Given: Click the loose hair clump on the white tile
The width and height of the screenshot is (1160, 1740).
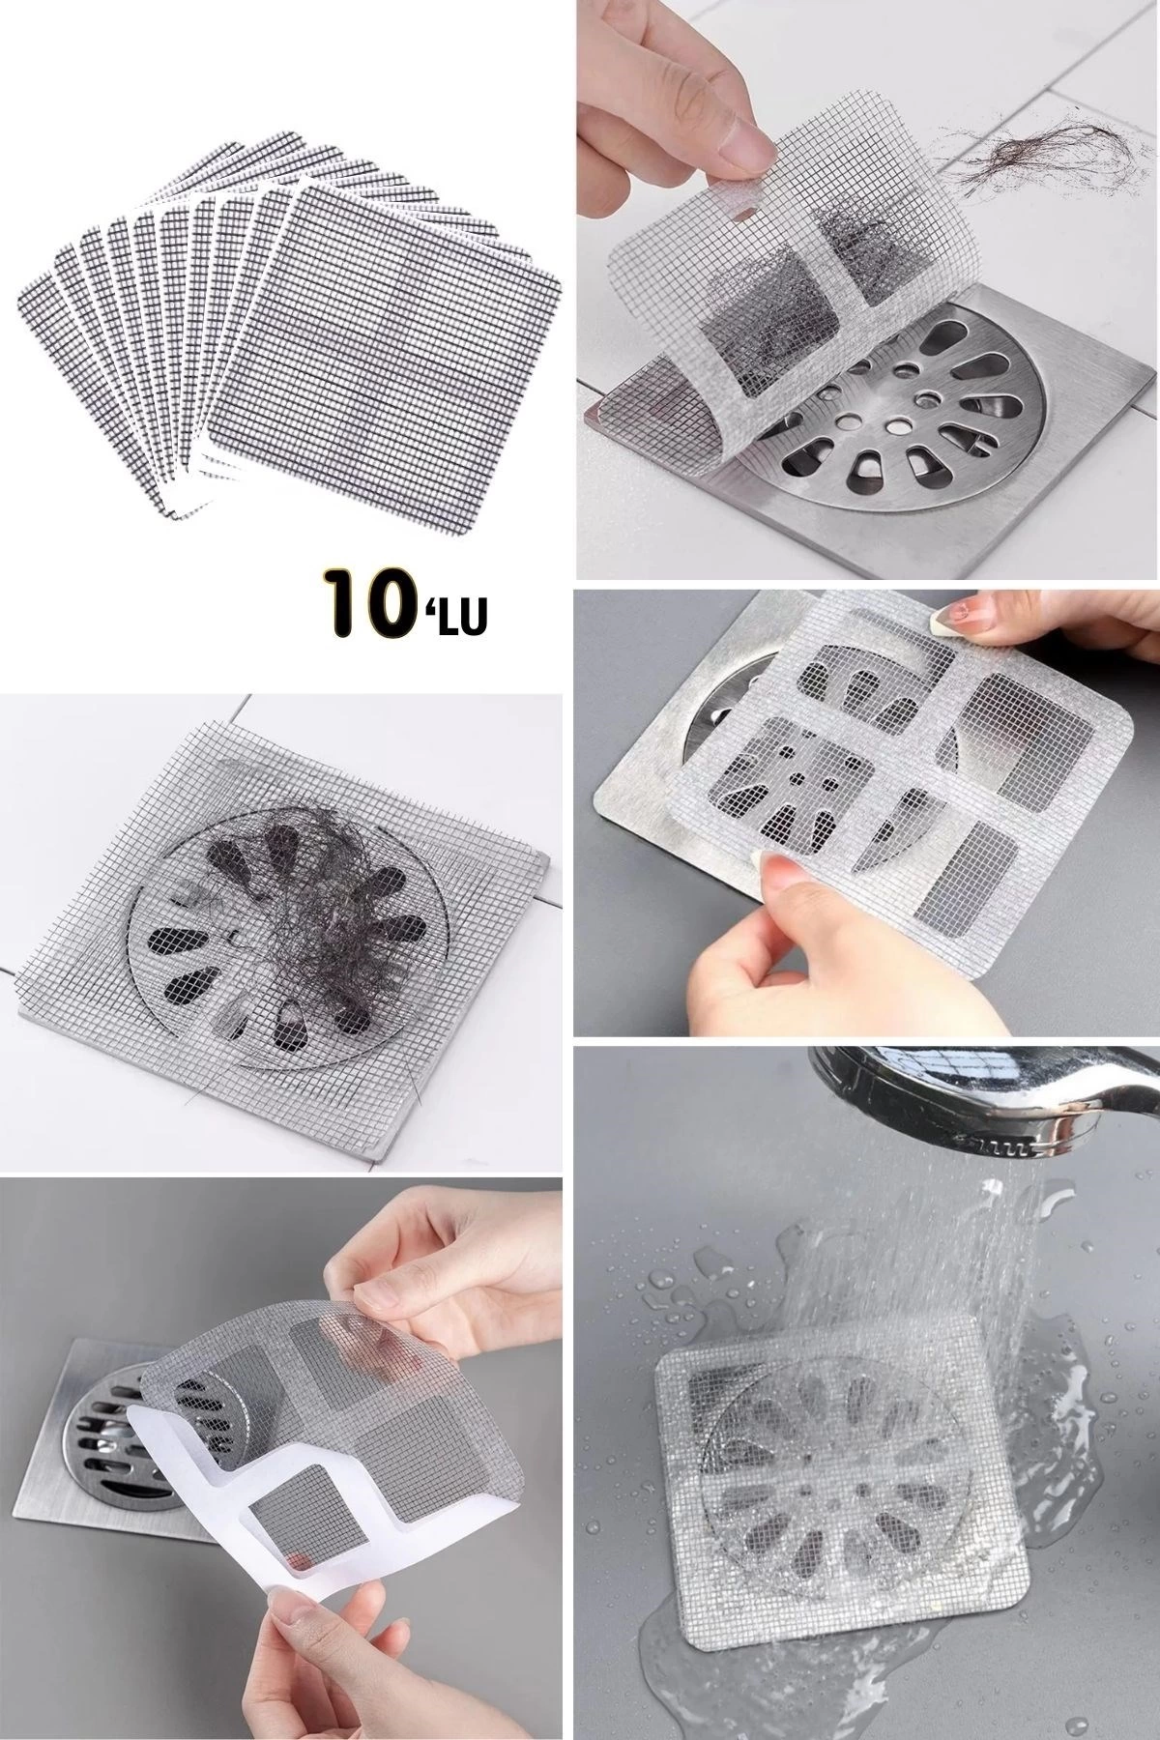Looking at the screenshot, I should pyautogui.click(x=1025, y=155).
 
